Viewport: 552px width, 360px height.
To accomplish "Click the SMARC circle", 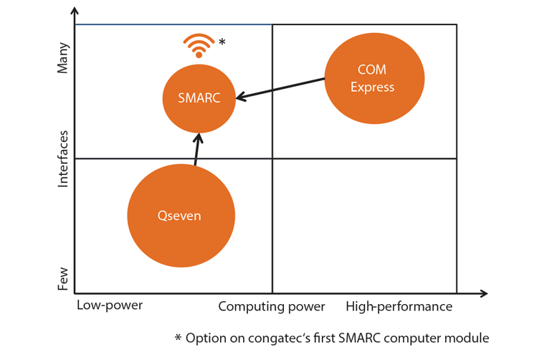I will click(x=199, y=98).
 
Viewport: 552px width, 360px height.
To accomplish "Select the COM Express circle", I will click(x=374, y=78).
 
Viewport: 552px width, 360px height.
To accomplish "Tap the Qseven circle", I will click(x=181, y=215).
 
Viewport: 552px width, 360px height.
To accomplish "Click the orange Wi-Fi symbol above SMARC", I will click(x=199, y=46).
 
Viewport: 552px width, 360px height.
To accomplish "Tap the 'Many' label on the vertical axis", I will click(x=64, y=57).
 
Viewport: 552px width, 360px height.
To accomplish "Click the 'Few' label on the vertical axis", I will click(x=64, y=278).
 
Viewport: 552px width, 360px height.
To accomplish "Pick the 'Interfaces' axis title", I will click(x=64, y=159).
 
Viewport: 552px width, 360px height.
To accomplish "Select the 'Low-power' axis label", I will click(x=109, y=305).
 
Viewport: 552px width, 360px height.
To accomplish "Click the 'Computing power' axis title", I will click(x=272, y=307).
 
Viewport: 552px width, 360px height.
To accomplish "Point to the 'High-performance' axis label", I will click(x=399, y=307).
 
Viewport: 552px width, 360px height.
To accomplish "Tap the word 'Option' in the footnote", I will click(x=206, y=337).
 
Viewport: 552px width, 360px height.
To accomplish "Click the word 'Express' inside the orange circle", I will click(x=375, y=87).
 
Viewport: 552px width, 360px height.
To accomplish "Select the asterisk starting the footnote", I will click(x=179, y=336).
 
